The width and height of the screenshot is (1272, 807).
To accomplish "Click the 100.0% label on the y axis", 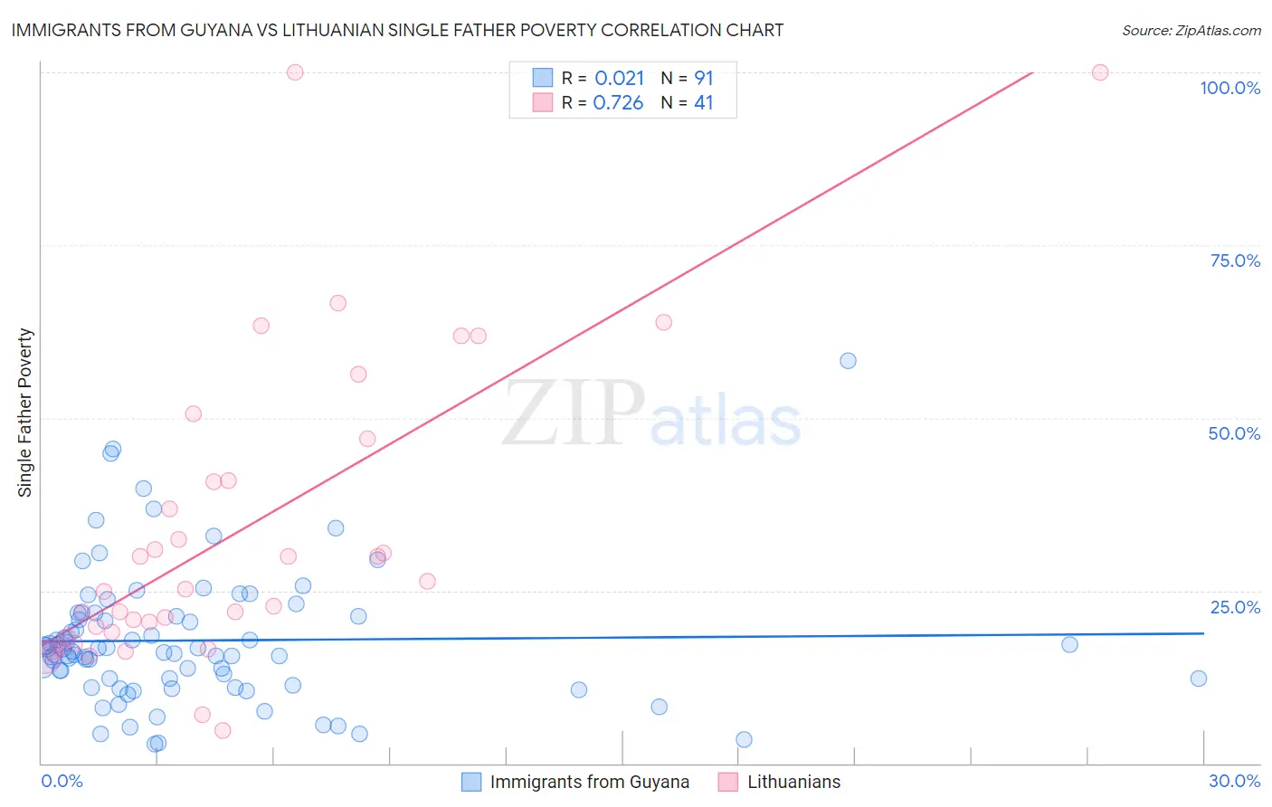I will [x=1229, y=88].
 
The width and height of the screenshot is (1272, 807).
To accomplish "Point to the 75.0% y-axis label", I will [x=1235, y=261].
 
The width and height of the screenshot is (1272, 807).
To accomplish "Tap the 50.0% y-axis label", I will [x=1234, y=433].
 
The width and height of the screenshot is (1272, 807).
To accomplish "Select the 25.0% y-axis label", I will [x=1235, y=607].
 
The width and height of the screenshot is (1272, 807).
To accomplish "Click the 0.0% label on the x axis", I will [x=62, y=781].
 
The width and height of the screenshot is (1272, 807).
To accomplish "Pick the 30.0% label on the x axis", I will [x=1234, y=781].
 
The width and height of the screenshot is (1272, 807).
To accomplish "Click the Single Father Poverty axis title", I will [x=25, y=413].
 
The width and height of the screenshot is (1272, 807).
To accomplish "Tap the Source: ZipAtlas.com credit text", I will [x=1191, y=30].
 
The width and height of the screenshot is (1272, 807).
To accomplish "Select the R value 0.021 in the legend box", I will [x=619, y=78].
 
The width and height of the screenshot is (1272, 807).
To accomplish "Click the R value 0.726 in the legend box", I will [x=618, y=103].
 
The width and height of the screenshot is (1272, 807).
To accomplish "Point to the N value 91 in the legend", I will [x=703, y=78].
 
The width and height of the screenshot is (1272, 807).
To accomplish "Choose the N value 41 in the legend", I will [x=703, y=103].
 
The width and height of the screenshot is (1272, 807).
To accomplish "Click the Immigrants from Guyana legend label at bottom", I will [x=589, y=782].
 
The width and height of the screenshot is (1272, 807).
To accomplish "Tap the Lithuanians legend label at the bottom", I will [x=793, y=782].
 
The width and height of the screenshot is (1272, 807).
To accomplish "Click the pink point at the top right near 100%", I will [x=1100, y=72].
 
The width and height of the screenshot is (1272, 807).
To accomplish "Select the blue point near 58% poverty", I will [x=848, y=361].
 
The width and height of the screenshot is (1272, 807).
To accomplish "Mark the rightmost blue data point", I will [x=1199, y=679].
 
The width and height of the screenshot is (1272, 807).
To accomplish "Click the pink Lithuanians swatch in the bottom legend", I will [x=727, y=782].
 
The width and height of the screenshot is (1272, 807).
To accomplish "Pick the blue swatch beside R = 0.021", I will [x=542, y=78].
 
